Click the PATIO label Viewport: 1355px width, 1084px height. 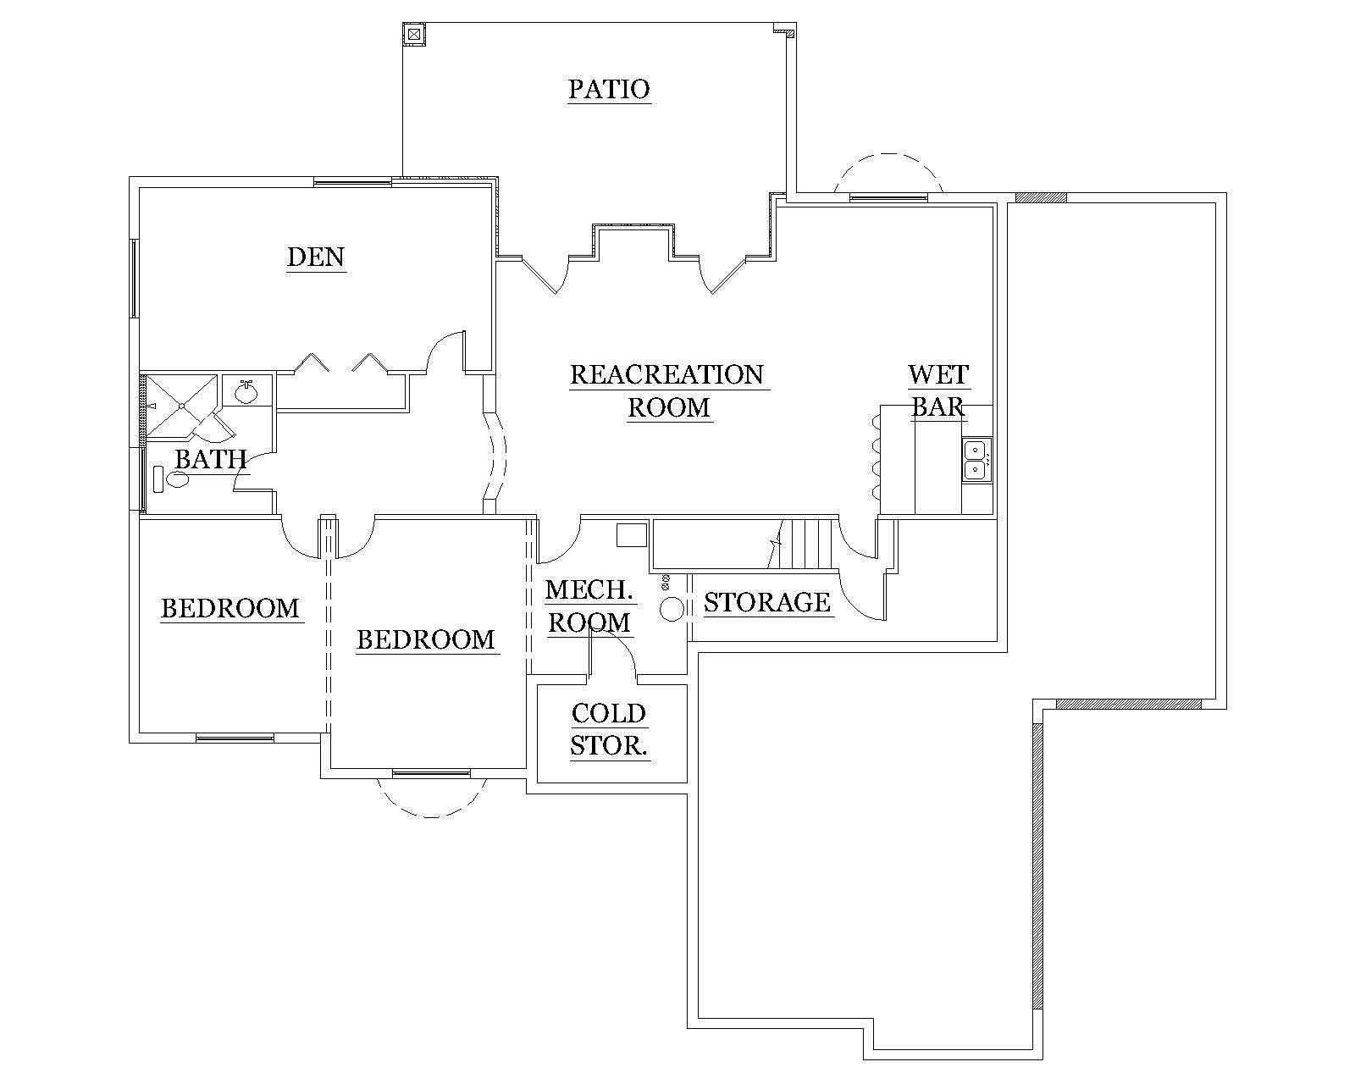point(608,89)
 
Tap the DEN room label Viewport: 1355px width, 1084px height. point(316,257)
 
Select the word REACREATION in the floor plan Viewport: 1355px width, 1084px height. point(666,374)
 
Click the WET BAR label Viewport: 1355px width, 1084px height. point(937,390)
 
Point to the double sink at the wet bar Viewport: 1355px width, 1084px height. point(975,460)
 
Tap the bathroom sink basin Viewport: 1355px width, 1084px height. point(246,391)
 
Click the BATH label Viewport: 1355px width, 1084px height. point(210,460)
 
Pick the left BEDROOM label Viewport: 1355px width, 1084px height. point(230,608)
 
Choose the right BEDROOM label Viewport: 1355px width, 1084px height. point(425,639)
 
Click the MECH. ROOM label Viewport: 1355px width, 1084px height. point(590,606)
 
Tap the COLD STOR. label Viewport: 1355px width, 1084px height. point(609,729)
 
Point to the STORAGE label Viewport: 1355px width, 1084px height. point(766,602)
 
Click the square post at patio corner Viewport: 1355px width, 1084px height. point(413,34)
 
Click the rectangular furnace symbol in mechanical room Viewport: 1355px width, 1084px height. point(631,535)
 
